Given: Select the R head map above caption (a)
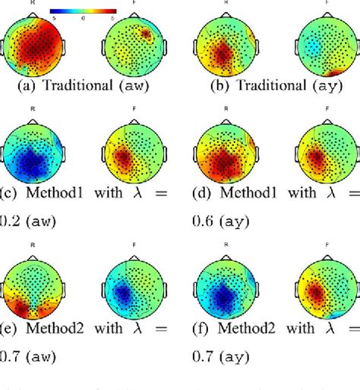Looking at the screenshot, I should (x=33, y=48).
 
